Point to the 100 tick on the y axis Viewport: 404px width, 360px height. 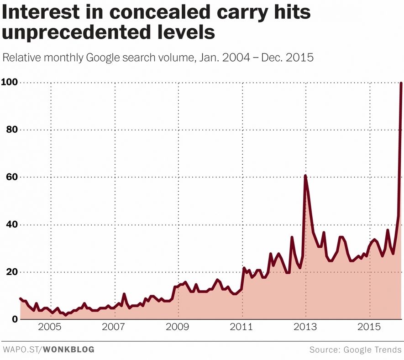pos(9,83)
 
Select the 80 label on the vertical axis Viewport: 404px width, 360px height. pos(9,130)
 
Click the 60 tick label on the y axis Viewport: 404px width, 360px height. pos(9,177)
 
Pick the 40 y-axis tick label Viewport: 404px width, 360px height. pos(9,225)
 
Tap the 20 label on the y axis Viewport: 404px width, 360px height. pos(9,272)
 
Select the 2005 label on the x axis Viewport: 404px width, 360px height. pos(50,328)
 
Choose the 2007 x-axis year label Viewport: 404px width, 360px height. pos(114,328)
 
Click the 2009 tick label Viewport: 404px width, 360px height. pos(178,328)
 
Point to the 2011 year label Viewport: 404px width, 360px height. pos(241,328)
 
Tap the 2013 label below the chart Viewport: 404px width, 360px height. pos(305,328)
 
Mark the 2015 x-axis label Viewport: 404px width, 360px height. pos(369,328)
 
